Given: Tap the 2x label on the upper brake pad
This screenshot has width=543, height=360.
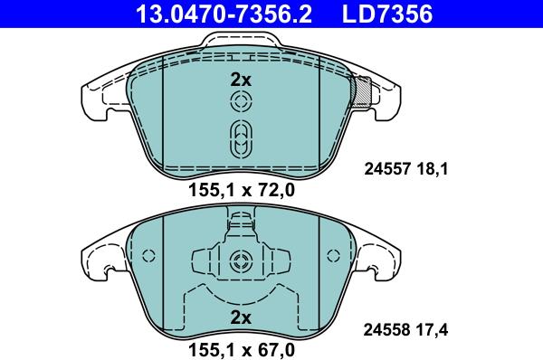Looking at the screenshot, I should pos(240,80).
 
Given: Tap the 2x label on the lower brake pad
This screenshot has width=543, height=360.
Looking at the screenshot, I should pos(240,317).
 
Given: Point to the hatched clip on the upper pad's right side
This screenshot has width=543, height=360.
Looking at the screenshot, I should pos(363,91).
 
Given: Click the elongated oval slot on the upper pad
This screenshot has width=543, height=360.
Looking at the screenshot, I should pos(240,139).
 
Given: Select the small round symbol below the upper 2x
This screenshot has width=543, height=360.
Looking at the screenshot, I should pos(240,104).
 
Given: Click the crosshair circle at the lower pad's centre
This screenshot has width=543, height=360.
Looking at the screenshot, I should pos(240,263).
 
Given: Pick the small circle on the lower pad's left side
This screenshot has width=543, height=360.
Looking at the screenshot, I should pos(151,256).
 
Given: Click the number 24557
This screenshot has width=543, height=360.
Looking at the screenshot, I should pos(386,167).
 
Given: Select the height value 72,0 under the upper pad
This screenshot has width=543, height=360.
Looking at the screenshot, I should pos(275,190).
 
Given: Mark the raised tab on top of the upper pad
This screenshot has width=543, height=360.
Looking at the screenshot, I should pos(240,42).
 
